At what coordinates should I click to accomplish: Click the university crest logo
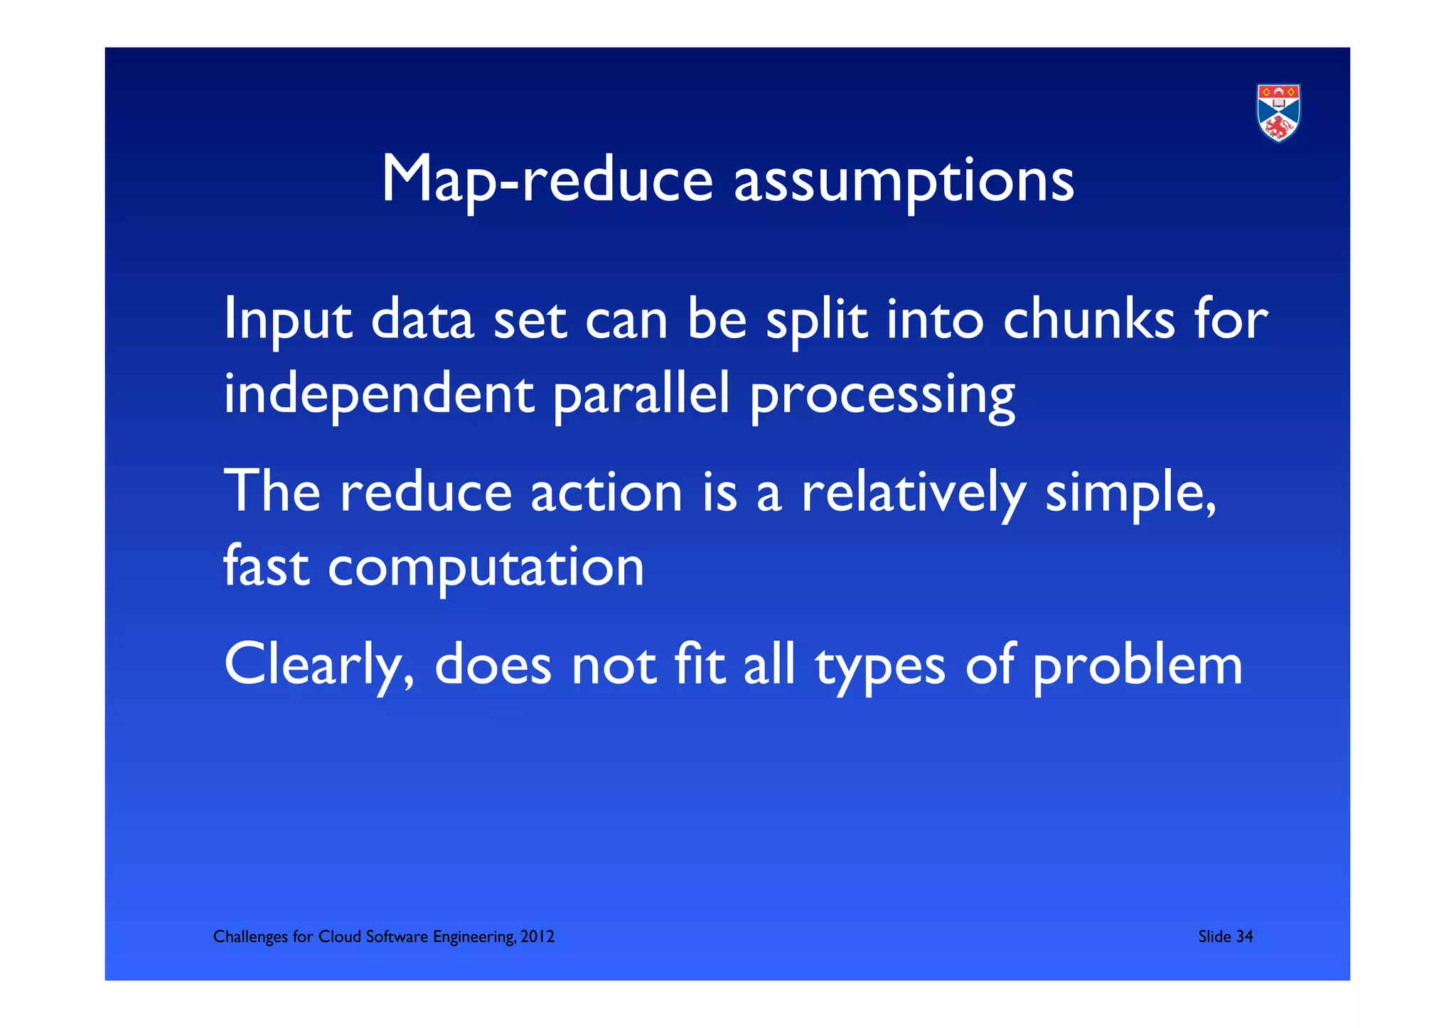(x=1278, y=113)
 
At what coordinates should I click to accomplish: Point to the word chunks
(x=1089, y=320)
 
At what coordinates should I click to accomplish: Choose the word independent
(x=379, y=396)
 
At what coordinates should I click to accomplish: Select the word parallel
(x=641, y=396)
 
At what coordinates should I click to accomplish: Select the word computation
(x=486, y=569)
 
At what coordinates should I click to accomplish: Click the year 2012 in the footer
(x=537, y=937)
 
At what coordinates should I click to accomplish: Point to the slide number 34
(x=1244, y=937)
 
